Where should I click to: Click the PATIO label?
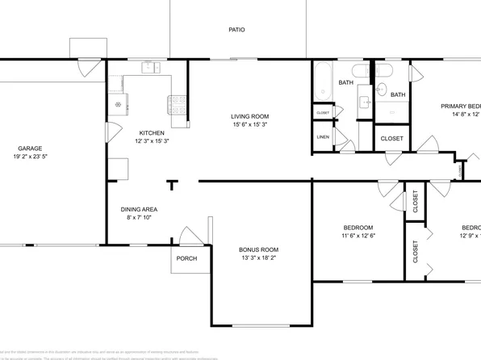(x=236, y=30)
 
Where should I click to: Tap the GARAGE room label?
(x=31, y=149)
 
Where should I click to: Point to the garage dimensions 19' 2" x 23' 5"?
(x=31, y=158)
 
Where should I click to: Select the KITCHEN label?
(x=152, y=133)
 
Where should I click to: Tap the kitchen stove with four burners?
(x=177, y=103)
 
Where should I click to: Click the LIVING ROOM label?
(x=249, y=116)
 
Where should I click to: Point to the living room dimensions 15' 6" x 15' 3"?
(x=249, y=125)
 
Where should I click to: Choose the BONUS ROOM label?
(x=259, y=249)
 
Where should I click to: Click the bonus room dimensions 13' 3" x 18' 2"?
(x=259, y=258)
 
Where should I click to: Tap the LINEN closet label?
(x=323, y=138)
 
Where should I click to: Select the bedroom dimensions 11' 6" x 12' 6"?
(x=358, y=235)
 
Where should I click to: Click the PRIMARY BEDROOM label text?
(x=460, y=107)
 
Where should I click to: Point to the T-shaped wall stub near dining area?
(x=172, y=185)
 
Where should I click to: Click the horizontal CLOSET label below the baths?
(x=392, y=138)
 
